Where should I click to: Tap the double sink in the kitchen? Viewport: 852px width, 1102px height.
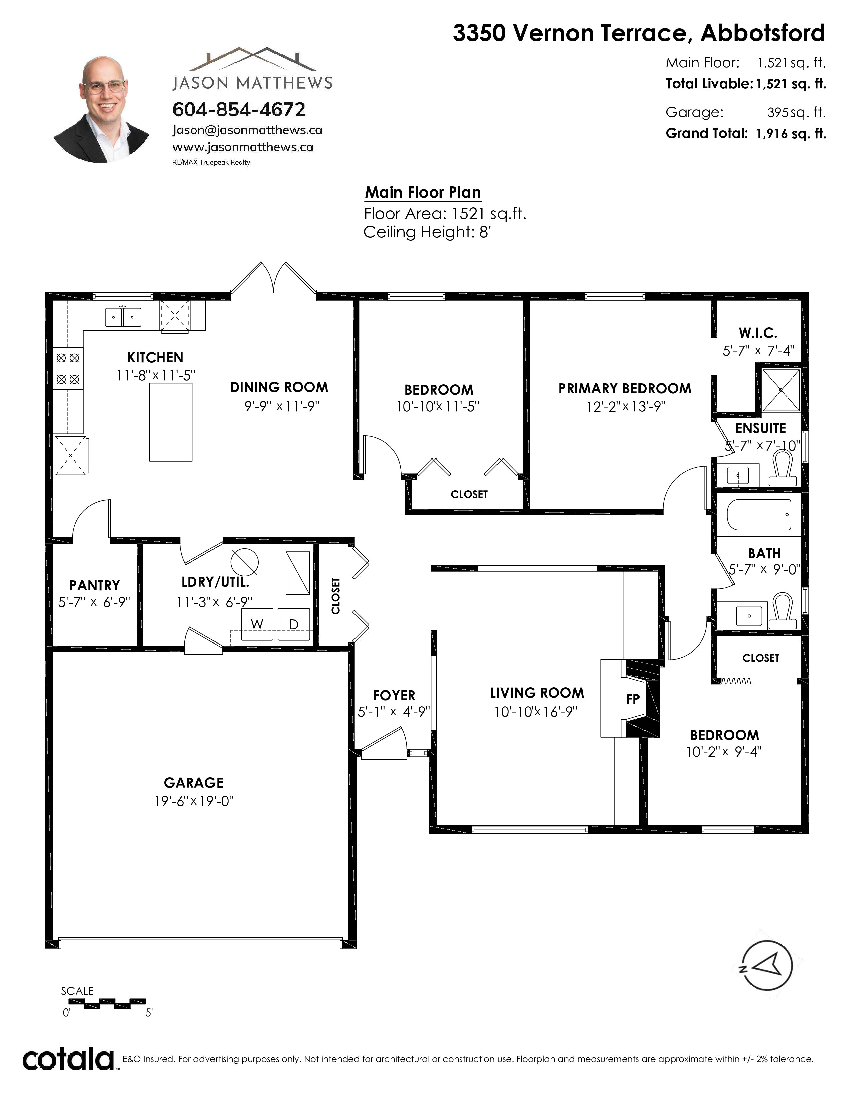[123, 317]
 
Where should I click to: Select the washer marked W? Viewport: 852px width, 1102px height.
[257, 625]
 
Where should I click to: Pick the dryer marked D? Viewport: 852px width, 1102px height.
[294, 625]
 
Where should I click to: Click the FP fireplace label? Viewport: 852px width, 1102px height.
[633, 699]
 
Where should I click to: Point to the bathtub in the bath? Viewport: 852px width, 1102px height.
[759, 515]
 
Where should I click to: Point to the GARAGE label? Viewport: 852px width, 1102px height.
[194, 783]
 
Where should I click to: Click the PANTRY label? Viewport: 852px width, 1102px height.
[94, 585]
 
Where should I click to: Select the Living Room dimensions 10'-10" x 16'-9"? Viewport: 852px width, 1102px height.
[536, 711]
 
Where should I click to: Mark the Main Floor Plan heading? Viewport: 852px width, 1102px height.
[423, 192]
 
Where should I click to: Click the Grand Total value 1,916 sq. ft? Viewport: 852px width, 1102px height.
[791, 133]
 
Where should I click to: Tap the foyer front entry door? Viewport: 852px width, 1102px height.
[384, 745]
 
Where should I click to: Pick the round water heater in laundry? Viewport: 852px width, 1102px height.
[244, 562]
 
